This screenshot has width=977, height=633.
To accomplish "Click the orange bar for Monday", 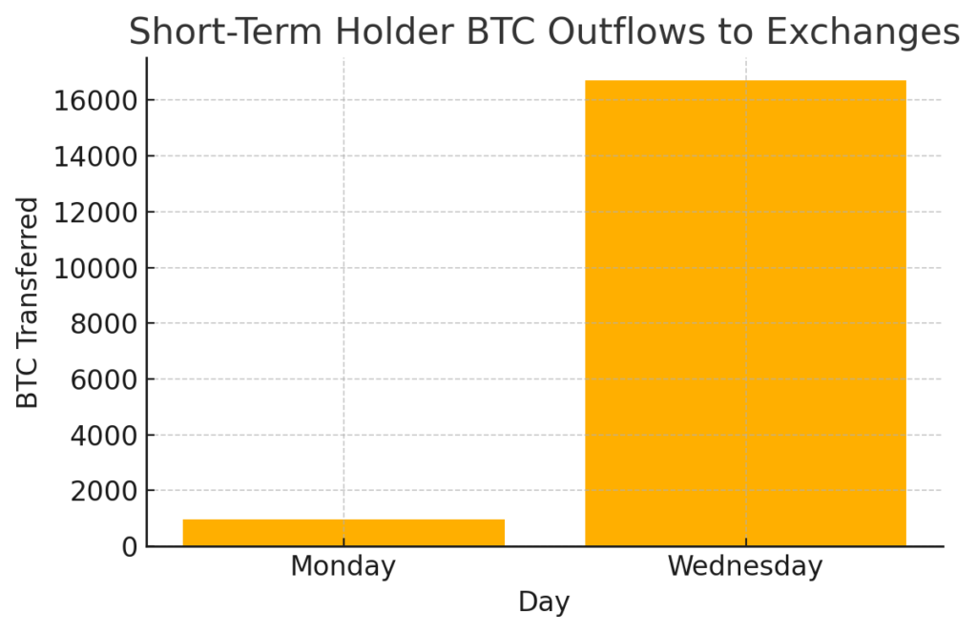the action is tap(343, 533).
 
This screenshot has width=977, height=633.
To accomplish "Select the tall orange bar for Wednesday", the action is tap(745, 314).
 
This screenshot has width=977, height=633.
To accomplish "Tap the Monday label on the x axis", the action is tap(343, 566).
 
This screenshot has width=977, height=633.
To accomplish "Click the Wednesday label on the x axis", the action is tap(745, 565).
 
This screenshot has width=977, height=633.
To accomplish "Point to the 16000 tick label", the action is tap(95, 101).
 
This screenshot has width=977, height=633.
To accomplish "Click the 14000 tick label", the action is tap(95, 157).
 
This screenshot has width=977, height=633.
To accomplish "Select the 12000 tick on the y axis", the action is tap(95, 213).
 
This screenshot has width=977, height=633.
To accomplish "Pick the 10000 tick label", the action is tap(95, 269).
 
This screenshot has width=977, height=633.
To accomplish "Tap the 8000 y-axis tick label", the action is tap(103, 324).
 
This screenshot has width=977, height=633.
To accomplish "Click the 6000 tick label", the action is tap(103, 379).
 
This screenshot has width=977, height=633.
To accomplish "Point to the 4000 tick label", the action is tap(103, 436).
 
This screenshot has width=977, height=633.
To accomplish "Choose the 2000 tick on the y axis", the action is tap(103, 492).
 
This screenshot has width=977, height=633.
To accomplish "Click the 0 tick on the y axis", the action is tap(130, 547).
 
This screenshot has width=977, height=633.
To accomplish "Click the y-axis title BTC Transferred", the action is tap(27, 302).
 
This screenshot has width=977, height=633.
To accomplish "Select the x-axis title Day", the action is tap(544, 602).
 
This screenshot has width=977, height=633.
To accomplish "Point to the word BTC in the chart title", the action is tap(500, 31).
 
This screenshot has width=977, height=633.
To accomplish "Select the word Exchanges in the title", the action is tap(863, 31).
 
